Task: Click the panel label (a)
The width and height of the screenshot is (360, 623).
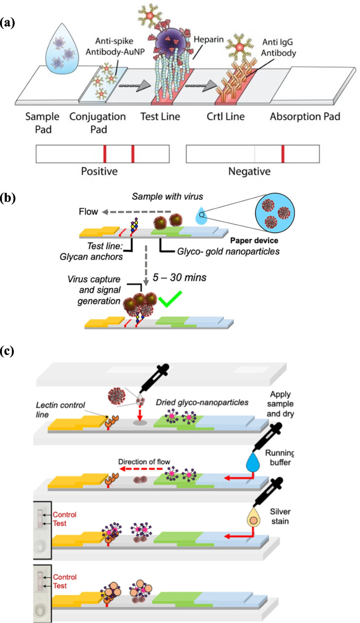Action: [7, 23]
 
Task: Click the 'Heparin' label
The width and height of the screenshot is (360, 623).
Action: [209, 39]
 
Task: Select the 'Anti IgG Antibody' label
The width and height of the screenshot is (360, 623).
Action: [278, 47]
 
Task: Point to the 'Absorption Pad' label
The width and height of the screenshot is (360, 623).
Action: [305, 116]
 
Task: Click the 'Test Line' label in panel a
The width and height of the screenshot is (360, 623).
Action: [160, 116]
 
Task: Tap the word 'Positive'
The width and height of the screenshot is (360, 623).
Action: [99, 172]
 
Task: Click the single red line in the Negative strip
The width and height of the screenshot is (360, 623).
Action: [283, 154]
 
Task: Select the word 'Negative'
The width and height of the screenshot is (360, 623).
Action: [249, 172]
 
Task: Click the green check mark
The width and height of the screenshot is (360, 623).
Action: [170, 299]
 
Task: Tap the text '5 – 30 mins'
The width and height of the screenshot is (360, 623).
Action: [180, 277]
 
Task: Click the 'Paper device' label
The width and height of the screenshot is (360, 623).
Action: [254, 241]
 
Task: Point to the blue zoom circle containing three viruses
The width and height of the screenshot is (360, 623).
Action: [275, 213]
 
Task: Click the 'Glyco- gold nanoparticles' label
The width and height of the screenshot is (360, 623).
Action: [228, 251]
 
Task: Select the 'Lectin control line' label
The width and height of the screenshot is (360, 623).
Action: [60, 410]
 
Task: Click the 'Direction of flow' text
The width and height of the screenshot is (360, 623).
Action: [144, 462]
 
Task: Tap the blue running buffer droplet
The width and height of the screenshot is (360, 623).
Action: [253, 462]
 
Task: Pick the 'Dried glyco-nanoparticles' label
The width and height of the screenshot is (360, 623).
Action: [202, 403]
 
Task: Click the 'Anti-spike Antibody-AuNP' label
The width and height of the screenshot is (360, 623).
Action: [114, 46]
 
